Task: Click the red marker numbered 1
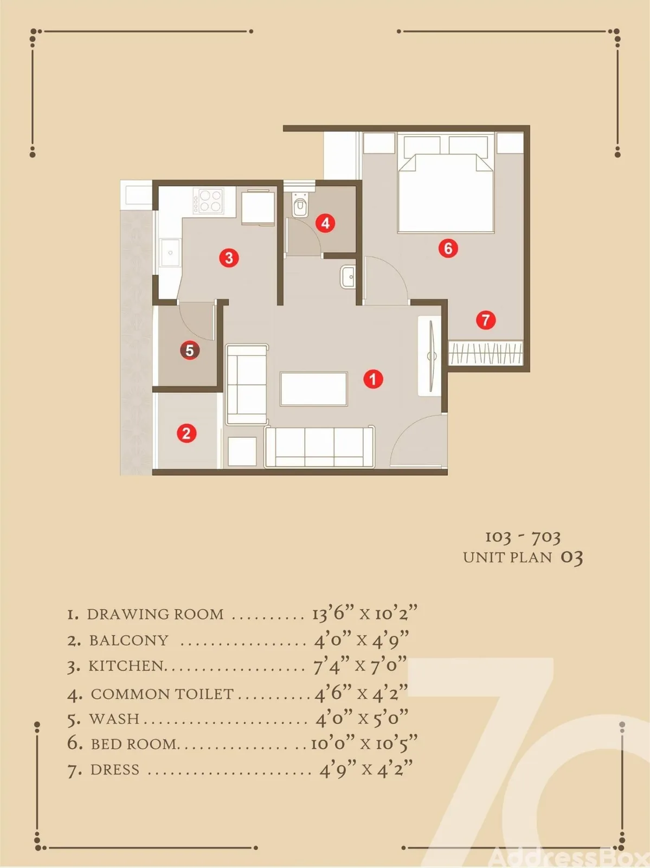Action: [x=373, y=379]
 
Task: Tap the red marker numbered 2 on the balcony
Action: [x=186, y=433]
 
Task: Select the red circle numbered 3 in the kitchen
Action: [x=229, y=258]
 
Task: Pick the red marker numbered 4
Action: [x=325, y=224]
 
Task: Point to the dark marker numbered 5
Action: [x=190, y=350]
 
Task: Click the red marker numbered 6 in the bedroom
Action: [x=448, y=248]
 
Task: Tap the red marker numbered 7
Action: [x=486, y=320]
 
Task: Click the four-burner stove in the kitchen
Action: [x=208, y=201]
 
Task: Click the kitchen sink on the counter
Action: [x=170, y=252]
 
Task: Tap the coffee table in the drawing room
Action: [x=314, y=389]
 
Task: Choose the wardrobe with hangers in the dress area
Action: [x=486, y=353]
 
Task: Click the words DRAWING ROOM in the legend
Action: [x=155, y=614]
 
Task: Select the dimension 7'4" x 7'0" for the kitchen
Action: [x=360, y=666]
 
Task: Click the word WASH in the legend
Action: [x=114, y=718]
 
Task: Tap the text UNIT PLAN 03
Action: [x=523, y=558]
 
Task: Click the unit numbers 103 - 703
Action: [x=523, y=537]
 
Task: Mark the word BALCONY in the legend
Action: [x=129, y=640]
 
